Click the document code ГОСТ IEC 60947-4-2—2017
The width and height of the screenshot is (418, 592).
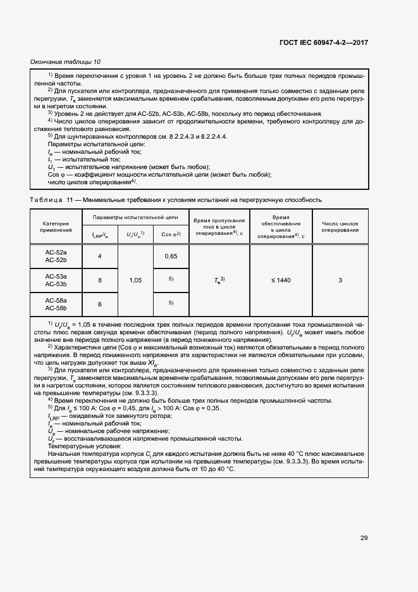[323, 42]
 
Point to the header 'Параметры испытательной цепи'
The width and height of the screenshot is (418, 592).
[135, 217]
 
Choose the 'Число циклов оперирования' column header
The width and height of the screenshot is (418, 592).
[340, 227]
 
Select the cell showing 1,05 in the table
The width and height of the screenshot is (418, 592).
[135, 279]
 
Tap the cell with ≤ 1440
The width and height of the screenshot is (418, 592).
[281, 279]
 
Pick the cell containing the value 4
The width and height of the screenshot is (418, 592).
[100, 256]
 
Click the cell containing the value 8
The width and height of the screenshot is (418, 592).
[100, 279]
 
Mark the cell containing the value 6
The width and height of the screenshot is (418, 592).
[100, 303]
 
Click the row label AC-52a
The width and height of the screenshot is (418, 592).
[56, 252]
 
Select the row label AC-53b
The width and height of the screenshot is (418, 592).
[56, 284]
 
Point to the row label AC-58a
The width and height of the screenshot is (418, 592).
[56, 299]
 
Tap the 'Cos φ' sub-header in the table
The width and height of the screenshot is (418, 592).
[171, 234]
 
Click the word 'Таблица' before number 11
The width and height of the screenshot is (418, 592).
[46, 199]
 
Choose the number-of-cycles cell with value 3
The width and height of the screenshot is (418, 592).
[340, 279]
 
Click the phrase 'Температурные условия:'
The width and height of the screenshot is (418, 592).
[80, 445]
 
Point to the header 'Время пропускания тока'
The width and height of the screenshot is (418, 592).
[219, 222]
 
